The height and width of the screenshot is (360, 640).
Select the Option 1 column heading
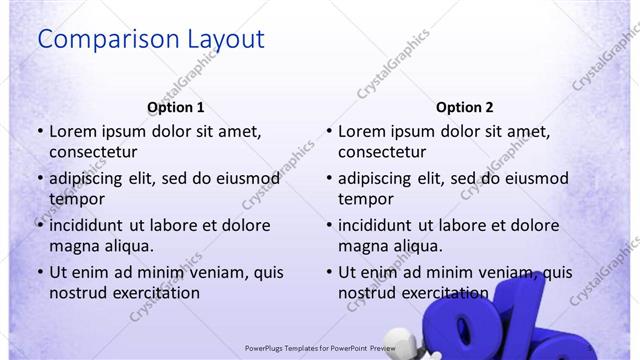[175, 107]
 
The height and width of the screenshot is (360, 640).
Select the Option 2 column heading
[464, 107]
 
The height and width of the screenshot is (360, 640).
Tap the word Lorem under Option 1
[72, 131]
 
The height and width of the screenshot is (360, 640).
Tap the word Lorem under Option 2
[361, 131]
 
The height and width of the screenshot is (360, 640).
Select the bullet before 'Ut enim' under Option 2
[329, 272]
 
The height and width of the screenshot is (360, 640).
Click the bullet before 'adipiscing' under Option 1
[40, 178]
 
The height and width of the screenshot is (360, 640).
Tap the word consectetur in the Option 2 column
[383, 152]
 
